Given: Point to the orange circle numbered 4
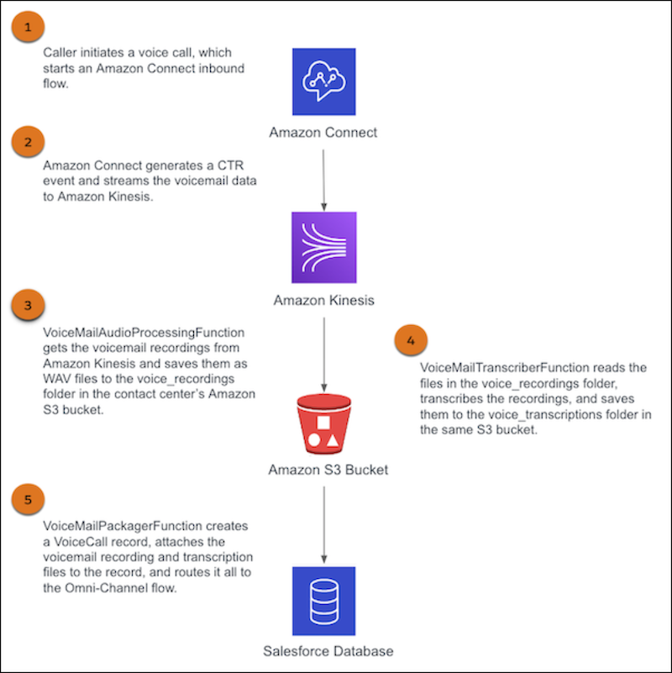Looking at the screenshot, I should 410,341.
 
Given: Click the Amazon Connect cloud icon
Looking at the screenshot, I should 323,81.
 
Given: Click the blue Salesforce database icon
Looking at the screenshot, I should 323,600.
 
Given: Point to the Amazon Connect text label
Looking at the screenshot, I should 323,133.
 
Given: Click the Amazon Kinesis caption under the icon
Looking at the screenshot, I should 323,300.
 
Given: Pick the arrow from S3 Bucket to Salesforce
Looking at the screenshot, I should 323,526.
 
